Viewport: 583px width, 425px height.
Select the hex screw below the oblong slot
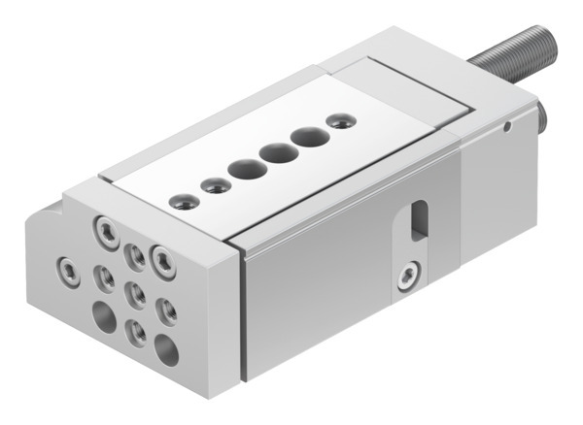(x=407, y=282)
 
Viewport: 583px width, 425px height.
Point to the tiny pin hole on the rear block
(x=506, y=124)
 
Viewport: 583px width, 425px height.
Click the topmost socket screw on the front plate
(x=103, y=230)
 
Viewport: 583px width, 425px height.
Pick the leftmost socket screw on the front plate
(x=66, y=265)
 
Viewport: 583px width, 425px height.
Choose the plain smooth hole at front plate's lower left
(x=102, y=314)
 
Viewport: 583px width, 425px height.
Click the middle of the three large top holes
(x=275, y=152)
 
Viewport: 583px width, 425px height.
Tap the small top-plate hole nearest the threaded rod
(x=338, y=121)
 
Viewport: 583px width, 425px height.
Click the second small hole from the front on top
(x=213, y=184)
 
